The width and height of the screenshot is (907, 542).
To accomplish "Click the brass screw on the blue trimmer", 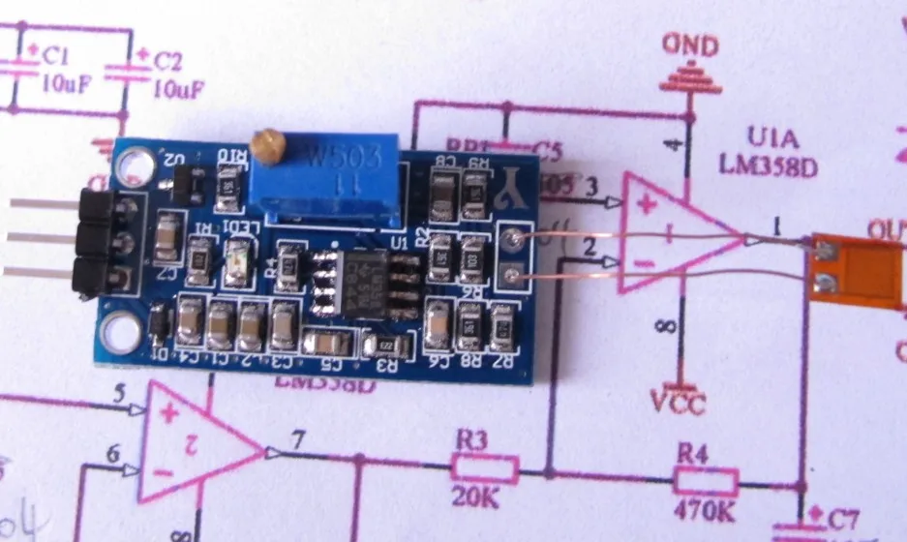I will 265,147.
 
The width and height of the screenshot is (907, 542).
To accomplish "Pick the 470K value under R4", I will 700,507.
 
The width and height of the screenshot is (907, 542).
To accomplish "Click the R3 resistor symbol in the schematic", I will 484,470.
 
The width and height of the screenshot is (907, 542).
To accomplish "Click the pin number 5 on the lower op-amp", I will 119,394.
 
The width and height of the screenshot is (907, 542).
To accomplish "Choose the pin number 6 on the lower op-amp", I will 115,453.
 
